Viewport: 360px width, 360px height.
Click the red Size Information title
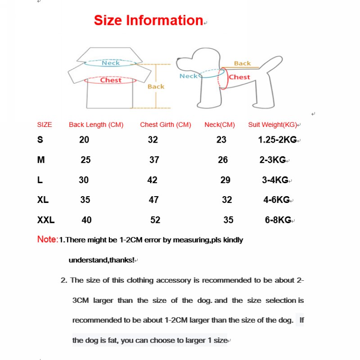pyautogui.click(x=148, y=20)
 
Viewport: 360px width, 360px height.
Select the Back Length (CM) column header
pyautogui.click(x=96, y=125)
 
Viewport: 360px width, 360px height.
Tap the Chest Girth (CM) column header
pyautogui.click(x=166, y=125)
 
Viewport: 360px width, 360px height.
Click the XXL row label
pyautogui.click(x=46, y=220)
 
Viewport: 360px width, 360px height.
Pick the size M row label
pyautogui.click(x=41, y=160)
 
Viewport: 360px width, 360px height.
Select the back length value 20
pyautogui.click(x=84, y=139)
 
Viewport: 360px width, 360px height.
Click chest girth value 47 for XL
pyautogui.click(x=153, y=200)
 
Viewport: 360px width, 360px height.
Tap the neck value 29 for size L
pyautogui.click(x=225, y=180)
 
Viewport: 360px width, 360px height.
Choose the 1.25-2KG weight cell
pyautogui.click(x=277, y=139)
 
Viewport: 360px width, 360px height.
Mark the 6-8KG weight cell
pyautogui.click(x=278, y=220)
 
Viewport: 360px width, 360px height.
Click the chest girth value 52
pyautogui.click(x=155, y=220)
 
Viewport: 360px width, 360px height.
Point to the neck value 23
pyautogui.click(x=221, y=139)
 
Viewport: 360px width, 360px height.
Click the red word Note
pyautogui.click(x=47, y=239)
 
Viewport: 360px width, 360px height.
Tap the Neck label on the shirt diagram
pyautogui.click(x=111, y=63)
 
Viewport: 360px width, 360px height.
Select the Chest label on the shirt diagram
pyautogui.click(x=111, y=80)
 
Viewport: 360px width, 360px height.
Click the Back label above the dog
pyautogui.click(x=242, y=63)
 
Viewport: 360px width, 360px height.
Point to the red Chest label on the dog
pyautogui.click(x=239, y=77)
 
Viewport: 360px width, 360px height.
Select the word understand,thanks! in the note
pyautogui.click(x=101, y=260)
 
